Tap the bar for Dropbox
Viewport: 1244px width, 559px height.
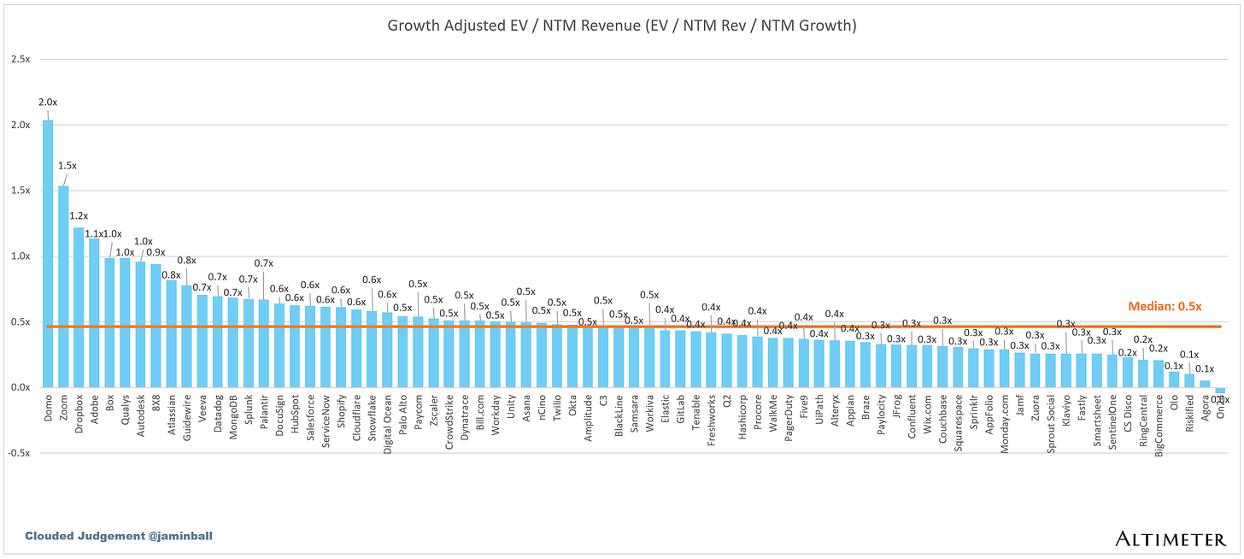(x=79, y=308)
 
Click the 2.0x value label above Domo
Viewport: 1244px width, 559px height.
(x=48, y=103)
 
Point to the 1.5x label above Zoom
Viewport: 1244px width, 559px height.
(x=67, y=166)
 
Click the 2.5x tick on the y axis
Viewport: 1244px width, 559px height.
(x=20, y=60)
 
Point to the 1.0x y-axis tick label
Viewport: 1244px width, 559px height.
(x=20, y=256)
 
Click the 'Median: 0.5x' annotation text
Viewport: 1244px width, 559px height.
(x=1165, y=306)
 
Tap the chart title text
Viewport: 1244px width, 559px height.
(x=621, y=26)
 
